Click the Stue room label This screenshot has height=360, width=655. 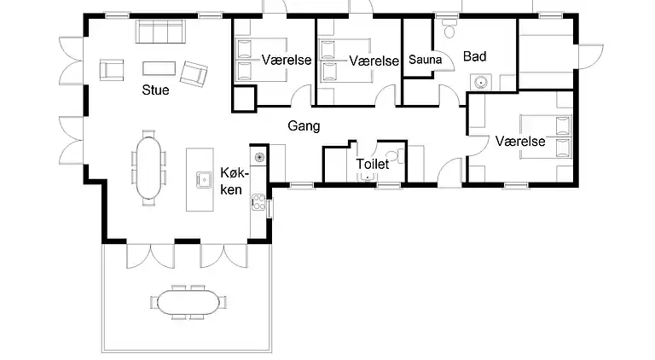pyautogui.click(x=154, y=90)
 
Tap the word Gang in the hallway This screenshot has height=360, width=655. pyautogui.click(x=303, y=126)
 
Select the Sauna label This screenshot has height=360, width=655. pyautogui.click(x=425, y=61)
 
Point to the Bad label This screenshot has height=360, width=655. pyautogui.click(x=474, y=56)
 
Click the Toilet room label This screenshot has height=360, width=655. pyautogui.click(x=372, y=163)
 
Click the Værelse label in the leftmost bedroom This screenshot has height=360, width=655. pyautogui.click(x=287, y=61)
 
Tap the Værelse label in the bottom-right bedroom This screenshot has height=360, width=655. pyautogui.click(x=519, y=141)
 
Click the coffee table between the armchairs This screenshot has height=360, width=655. pyautogui.click(x=158, y=67)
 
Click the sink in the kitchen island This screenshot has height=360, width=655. pyautogui.click(x=204, y=179)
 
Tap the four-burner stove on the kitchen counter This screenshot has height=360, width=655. pyautogui.click(x=257, y=205)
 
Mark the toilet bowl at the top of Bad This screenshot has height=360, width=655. pyautogui.click(x=449, y=30)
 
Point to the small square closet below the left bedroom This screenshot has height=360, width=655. pyautogui.click(x=243, y=99)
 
